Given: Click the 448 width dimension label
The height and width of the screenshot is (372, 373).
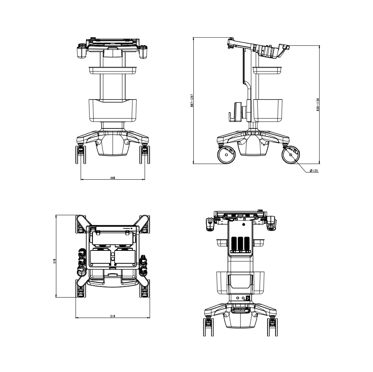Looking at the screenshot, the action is [x=113, y=177].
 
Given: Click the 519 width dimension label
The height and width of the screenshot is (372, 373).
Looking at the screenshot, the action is [x=113, y=316].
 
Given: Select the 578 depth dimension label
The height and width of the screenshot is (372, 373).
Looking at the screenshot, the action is [x=54, y=261].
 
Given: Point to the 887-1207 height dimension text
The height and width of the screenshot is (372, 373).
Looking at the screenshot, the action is [x=192, y=101].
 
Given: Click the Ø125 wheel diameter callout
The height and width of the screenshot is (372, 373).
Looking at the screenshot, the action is [x=314, y=171].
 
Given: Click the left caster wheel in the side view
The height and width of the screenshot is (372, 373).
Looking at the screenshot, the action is [x=226, y=155].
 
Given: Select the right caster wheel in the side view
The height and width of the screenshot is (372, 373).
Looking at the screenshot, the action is [x=291, y=155].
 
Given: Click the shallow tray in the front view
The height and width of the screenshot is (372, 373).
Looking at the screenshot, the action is [x=113, y=70].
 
